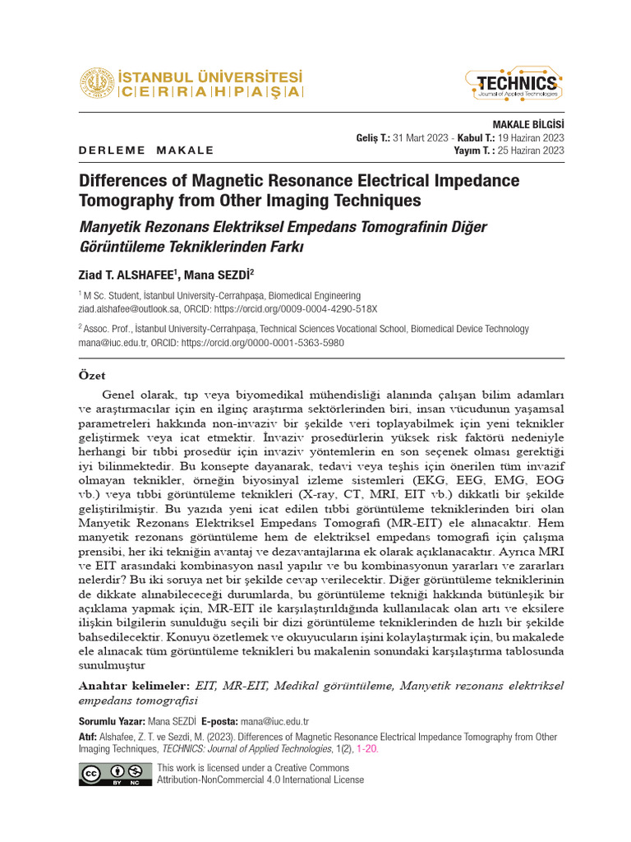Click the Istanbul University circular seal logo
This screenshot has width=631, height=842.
point(97,84)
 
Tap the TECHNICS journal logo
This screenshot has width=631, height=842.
point(516,84)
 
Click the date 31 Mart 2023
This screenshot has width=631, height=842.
point(422,137)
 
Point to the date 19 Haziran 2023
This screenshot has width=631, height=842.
point(530,137)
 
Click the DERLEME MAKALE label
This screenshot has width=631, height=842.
point(146,150)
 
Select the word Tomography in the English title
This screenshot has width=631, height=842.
point(122,200)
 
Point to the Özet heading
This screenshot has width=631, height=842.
point(91,376)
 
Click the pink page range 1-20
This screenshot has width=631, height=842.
point(367,749)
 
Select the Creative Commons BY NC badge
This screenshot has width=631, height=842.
point(115,774)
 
